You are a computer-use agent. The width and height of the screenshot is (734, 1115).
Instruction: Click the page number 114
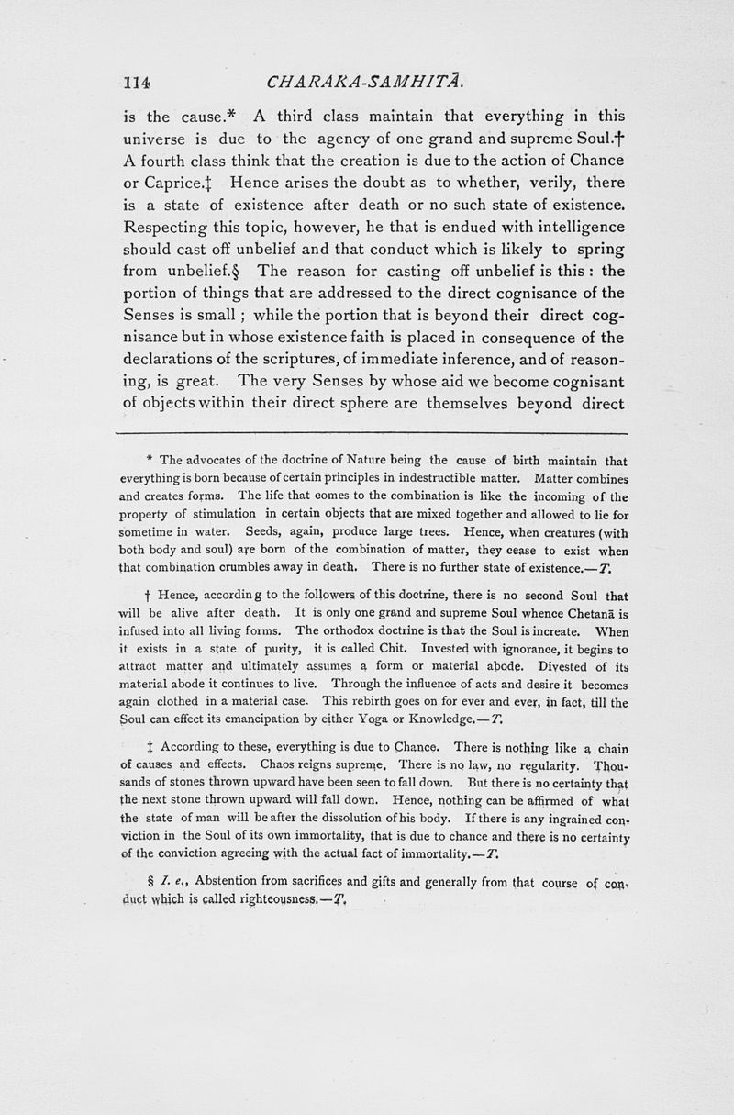(137, 82)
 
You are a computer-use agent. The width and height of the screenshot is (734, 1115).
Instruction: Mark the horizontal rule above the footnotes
(371, 433)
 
